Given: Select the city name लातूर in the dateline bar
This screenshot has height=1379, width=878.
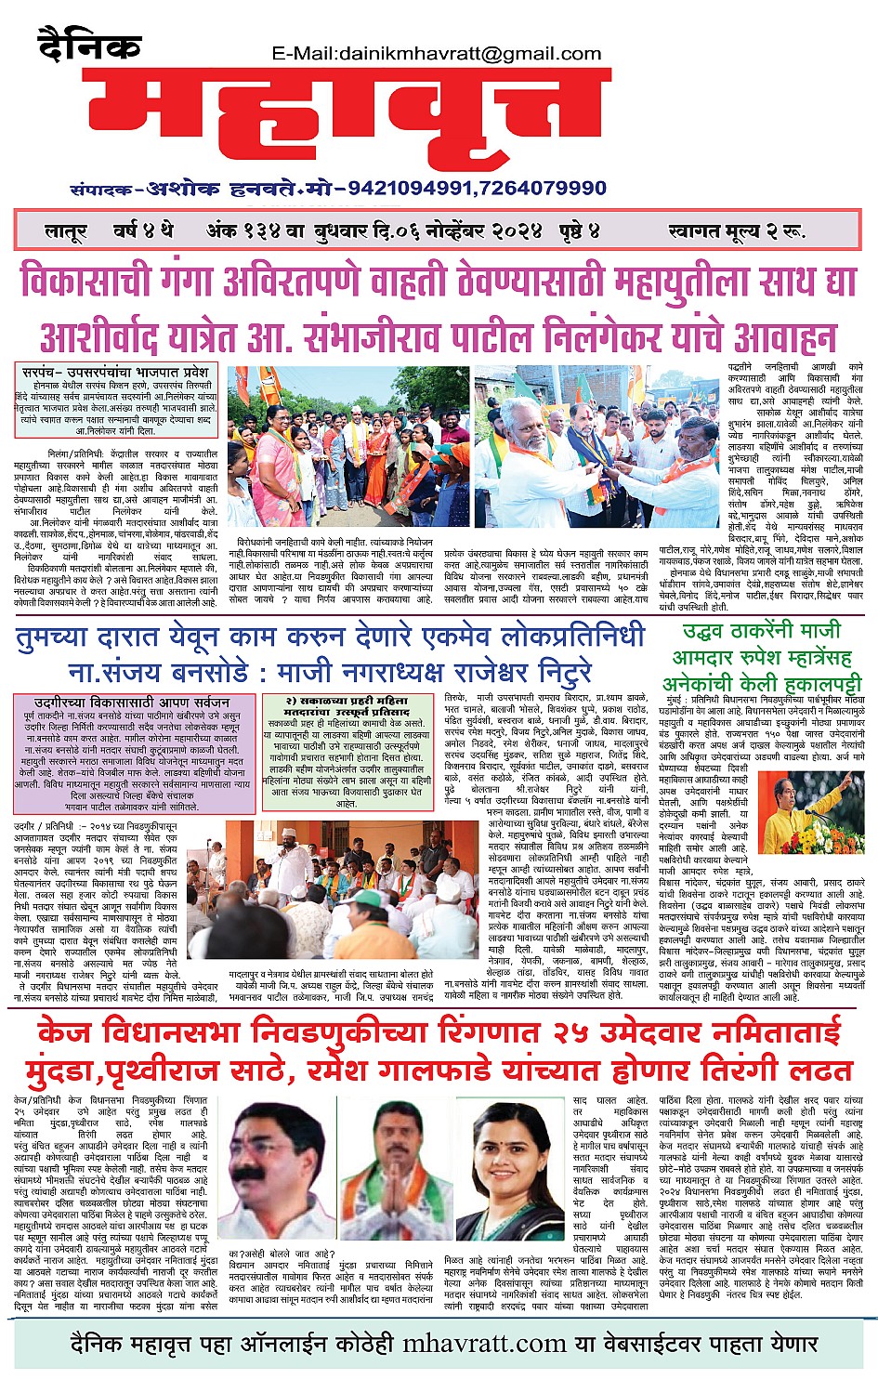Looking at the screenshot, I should click(67, 230).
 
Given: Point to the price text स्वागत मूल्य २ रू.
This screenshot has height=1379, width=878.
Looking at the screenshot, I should click(750, 230).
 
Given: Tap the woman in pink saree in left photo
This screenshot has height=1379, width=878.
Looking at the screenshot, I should click(275, 465).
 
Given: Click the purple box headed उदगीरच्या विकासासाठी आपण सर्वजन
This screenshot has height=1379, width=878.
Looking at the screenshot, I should click(133, 743).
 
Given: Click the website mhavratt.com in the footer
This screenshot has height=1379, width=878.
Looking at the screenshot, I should click(484, 1344).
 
